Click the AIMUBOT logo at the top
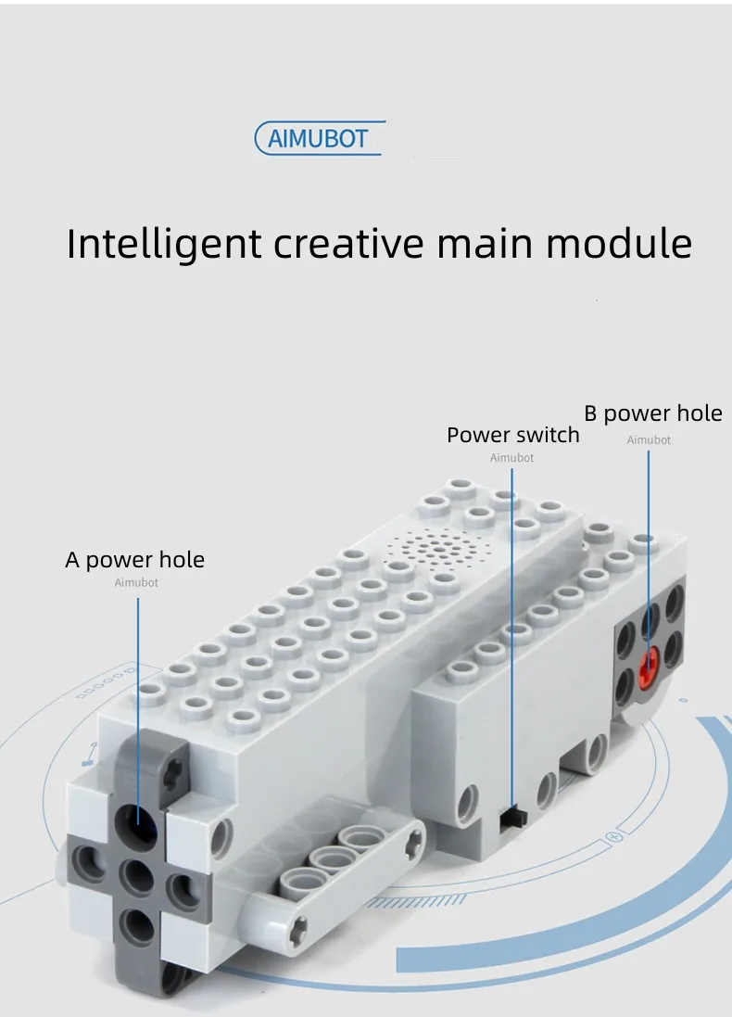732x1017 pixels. [319, 139]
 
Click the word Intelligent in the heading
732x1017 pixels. [164, 244]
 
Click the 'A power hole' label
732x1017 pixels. [134, 560]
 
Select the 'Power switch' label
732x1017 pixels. [512, 435]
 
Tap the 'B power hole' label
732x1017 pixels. [652, 413]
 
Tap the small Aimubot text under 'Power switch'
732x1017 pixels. [511, 458]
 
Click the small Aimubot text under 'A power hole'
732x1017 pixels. [136, 583]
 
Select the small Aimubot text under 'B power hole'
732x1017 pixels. [649, 440]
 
